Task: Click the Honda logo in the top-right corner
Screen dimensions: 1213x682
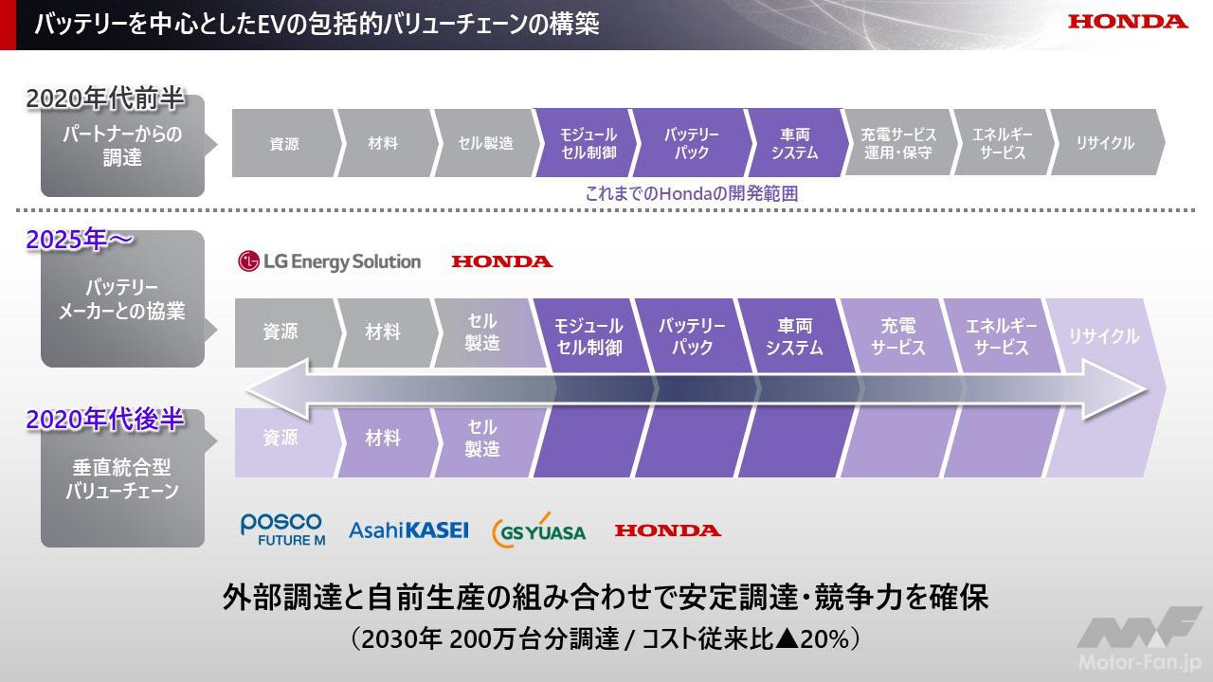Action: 1128,22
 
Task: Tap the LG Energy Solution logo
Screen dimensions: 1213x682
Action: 329,261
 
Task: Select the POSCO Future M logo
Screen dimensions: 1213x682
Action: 282,529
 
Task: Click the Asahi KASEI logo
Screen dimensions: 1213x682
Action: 408,529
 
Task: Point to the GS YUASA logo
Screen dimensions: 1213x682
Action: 539,531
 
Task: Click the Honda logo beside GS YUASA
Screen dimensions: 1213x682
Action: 668,530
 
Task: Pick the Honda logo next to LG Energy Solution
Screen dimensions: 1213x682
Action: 502,262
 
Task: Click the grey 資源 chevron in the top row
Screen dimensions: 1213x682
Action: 285,143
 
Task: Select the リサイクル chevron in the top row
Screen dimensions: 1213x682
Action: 1106,143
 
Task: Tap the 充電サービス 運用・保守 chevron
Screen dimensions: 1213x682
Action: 898,143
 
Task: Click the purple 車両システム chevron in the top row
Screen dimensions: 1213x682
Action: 796,143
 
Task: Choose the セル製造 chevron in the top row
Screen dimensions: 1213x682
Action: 486,143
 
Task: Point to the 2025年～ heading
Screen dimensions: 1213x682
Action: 79,240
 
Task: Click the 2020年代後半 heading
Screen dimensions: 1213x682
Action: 105,420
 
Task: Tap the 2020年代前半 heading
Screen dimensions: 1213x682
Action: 105,99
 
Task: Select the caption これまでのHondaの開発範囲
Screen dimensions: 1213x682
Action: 692,194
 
